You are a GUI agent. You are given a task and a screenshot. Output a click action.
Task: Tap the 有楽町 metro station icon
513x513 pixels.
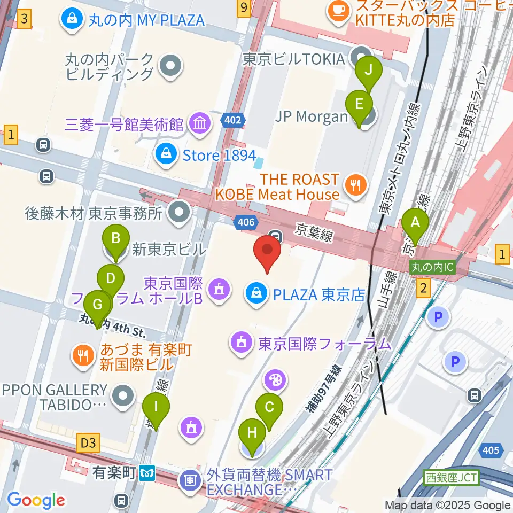click(147, 472)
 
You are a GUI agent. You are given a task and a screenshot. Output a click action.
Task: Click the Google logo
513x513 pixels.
click(36, 500)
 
